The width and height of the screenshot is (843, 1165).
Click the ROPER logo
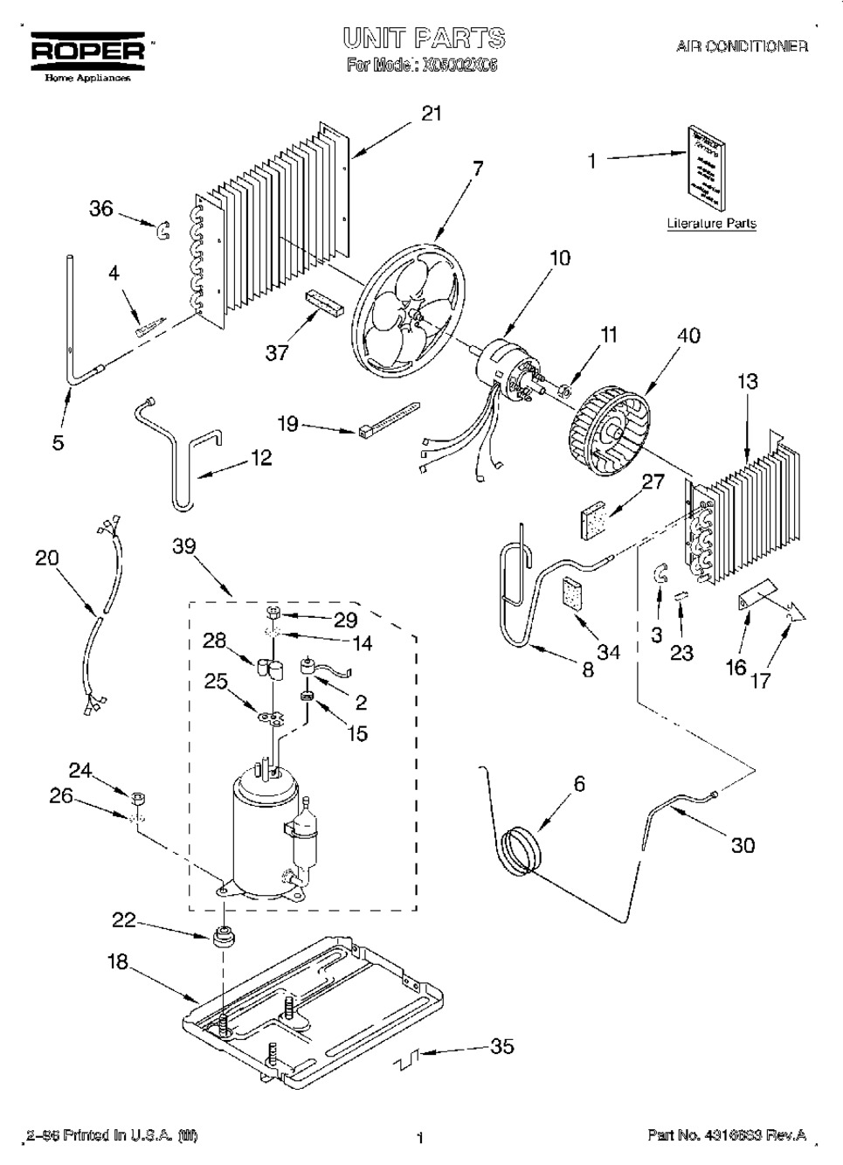click(x=87, y=52)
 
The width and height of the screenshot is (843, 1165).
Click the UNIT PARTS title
click(x=424, y=38)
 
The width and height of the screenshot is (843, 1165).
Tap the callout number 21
click(x=432, y=114)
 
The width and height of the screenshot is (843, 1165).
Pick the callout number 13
click(x=747, y=381)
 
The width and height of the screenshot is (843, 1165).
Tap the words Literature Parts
click(x=711, y=224)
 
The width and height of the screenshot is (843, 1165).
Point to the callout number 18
click(x=117, y=962)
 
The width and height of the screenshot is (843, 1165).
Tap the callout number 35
click(x=502, y=1045)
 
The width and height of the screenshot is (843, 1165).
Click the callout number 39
click(x=184, y=545)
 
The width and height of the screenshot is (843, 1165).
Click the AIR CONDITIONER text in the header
click(x=742, y=46)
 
